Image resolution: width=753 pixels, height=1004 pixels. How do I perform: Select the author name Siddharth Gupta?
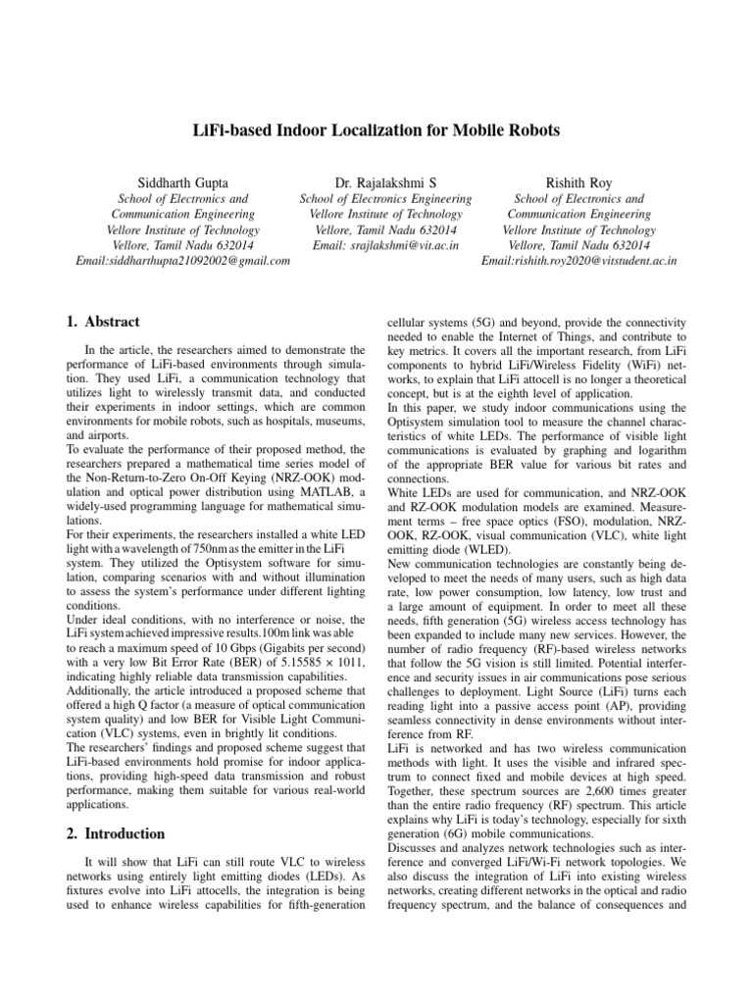[x=183, y=181]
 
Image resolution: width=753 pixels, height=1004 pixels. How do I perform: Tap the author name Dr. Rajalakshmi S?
[x=384, y=181]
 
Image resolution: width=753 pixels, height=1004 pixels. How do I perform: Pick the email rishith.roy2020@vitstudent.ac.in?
[x=579, y=261]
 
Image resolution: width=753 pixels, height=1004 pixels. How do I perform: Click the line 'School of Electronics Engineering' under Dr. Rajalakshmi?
[x=384, y=198]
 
